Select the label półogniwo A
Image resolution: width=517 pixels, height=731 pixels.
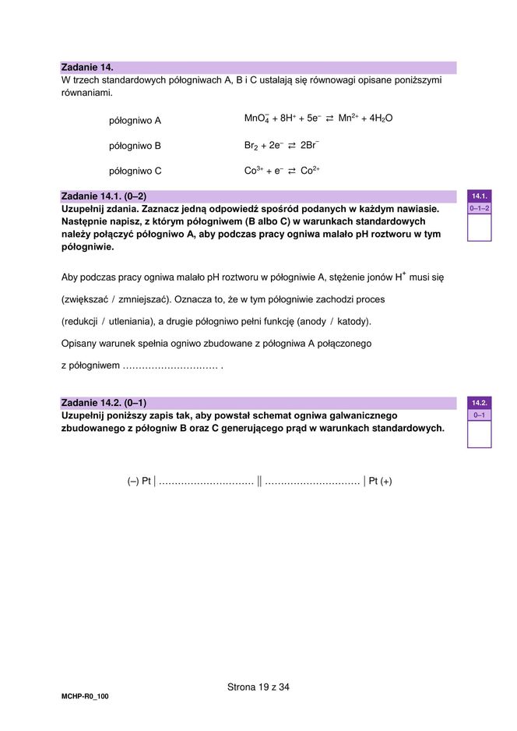[135, 121]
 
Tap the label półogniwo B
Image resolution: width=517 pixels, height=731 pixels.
[135, 146]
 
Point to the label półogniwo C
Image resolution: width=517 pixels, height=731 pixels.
[135, 171]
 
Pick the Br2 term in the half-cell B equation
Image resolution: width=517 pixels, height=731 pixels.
[250, 146]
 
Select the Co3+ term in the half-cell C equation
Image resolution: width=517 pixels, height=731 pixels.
[251, 171]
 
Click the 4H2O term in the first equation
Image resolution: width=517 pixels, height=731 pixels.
[382, 118]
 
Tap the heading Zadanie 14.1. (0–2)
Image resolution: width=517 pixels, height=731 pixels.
[103, 196]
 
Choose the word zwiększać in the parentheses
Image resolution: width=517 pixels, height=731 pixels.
[87, 299]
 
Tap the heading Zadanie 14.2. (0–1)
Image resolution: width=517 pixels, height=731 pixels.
[103, 403]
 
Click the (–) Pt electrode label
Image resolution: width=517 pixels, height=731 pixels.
[139, 481]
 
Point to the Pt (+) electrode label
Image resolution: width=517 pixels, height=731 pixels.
[380, 481]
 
